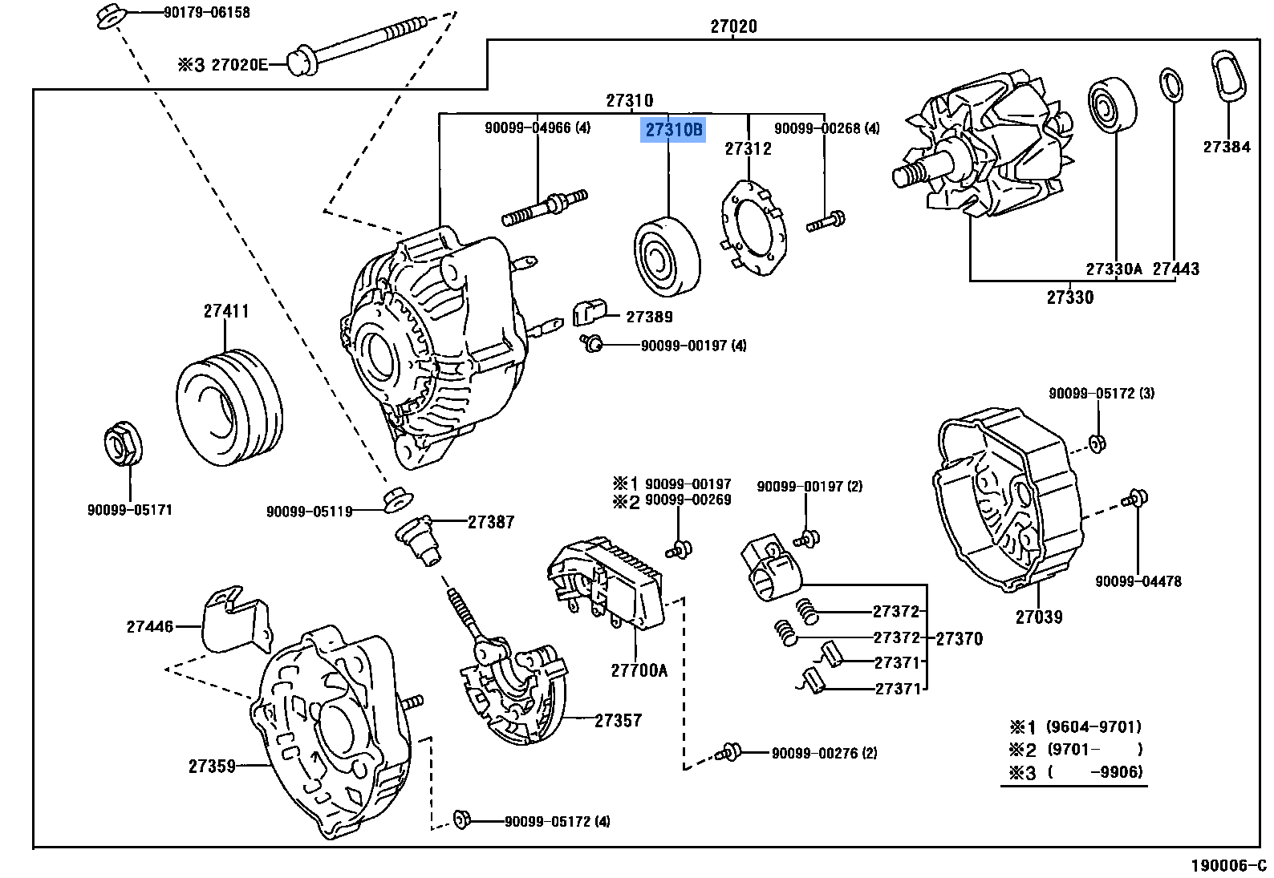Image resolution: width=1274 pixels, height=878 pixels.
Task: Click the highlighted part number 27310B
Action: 672,130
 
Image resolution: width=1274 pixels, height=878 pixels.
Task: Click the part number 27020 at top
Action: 733,26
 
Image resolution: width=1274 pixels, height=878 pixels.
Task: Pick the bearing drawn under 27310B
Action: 667,254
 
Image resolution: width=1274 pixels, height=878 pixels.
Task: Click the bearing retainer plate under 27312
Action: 753,229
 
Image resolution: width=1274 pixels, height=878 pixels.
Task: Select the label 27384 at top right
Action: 1226,147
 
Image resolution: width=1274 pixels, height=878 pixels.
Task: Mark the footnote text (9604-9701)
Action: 1093,727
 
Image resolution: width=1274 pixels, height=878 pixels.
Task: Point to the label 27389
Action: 649,317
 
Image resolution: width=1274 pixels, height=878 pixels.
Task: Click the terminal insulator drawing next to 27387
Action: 420,539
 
